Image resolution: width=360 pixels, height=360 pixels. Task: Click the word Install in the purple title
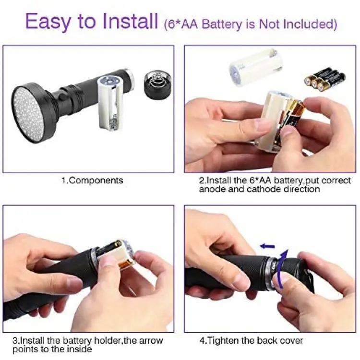point(130,21)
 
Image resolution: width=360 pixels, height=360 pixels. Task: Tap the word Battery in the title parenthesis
point(222,24)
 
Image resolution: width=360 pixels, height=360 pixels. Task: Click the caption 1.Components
point(92,180)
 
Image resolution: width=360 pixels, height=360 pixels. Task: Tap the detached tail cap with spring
point(158,85)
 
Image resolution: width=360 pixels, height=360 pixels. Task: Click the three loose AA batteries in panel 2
point(325,79)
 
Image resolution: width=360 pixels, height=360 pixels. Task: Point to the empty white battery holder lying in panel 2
point(256,66)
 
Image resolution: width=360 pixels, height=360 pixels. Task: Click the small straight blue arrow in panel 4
point(267,246)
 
